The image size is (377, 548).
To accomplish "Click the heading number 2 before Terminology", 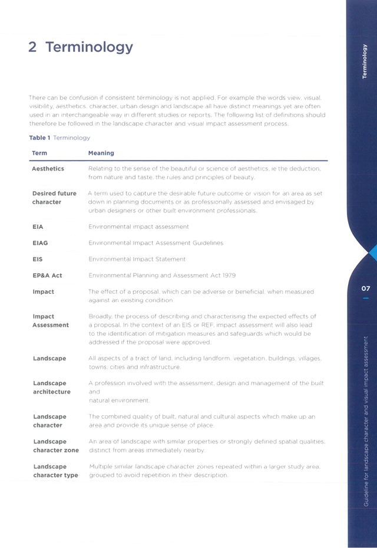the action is [x=32, y=47].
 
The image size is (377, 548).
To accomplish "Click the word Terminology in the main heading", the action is [x=89, y=48].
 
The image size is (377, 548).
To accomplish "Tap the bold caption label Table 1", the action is [x=40, y=137].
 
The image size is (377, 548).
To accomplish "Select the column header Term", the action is [x=39, y=153].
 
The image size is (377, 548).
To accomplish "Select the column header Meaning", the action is [x=101, y=153].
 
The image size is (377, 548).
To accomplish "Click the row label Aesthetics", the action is [x=48, y=169].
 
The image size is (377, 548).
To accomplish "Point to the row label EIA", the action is [x=38, y=227].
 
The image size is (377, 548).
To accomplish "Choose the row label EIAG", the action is [x=40, y=243].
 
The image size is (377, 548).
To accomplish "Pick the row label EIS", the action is [x=37, y=260].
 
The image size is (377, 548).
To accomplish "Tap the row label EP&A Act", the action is [x=47, y=275].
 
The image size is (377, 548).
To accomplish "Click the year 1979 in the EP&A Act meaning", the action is [x=229, y=275].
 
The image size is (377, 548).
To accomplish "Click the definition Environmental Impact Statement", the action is [x=137, y=260].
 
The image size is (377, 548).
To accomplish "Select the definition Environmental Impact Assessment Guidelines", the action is [x=156, y=243].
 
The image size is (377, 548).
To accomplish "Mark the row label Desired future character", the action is [x=54, y=198].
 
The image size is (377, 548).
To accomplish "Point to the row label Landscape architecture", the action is [x=52, y=388].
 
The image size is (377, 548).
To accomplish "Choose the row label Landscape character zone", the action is [x=56, y=446].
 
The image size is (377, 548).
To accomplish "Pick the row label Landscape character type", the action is [x=55, y=471].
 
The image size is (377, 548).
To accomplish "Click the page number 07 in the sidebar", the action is [x=365, y=288].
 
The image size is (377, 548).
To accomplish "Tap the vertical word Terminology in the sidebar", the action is [x=365, y=61].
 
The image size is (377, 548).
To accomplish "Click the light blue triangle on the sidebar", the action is [x=373, y=253].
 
